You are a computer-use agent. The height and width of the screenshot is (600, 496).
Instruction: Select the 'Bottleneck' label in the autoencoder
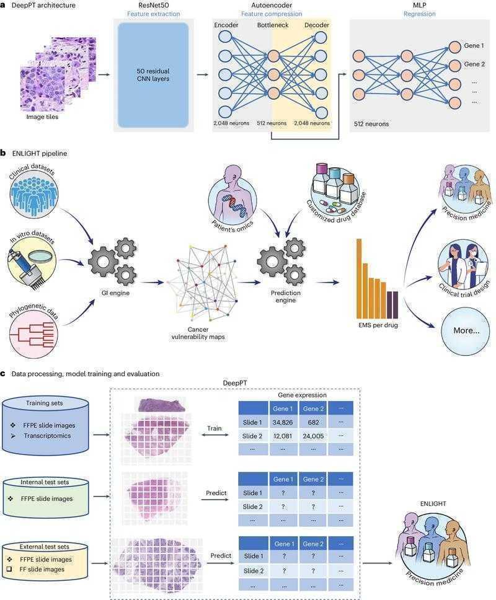point(273,25)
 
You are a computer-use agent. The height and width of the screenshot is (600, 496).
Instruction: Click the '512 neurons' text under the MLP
point(371,124)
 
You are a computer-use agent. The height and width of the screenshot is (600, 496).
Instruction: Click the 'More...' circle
point(466,330)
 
